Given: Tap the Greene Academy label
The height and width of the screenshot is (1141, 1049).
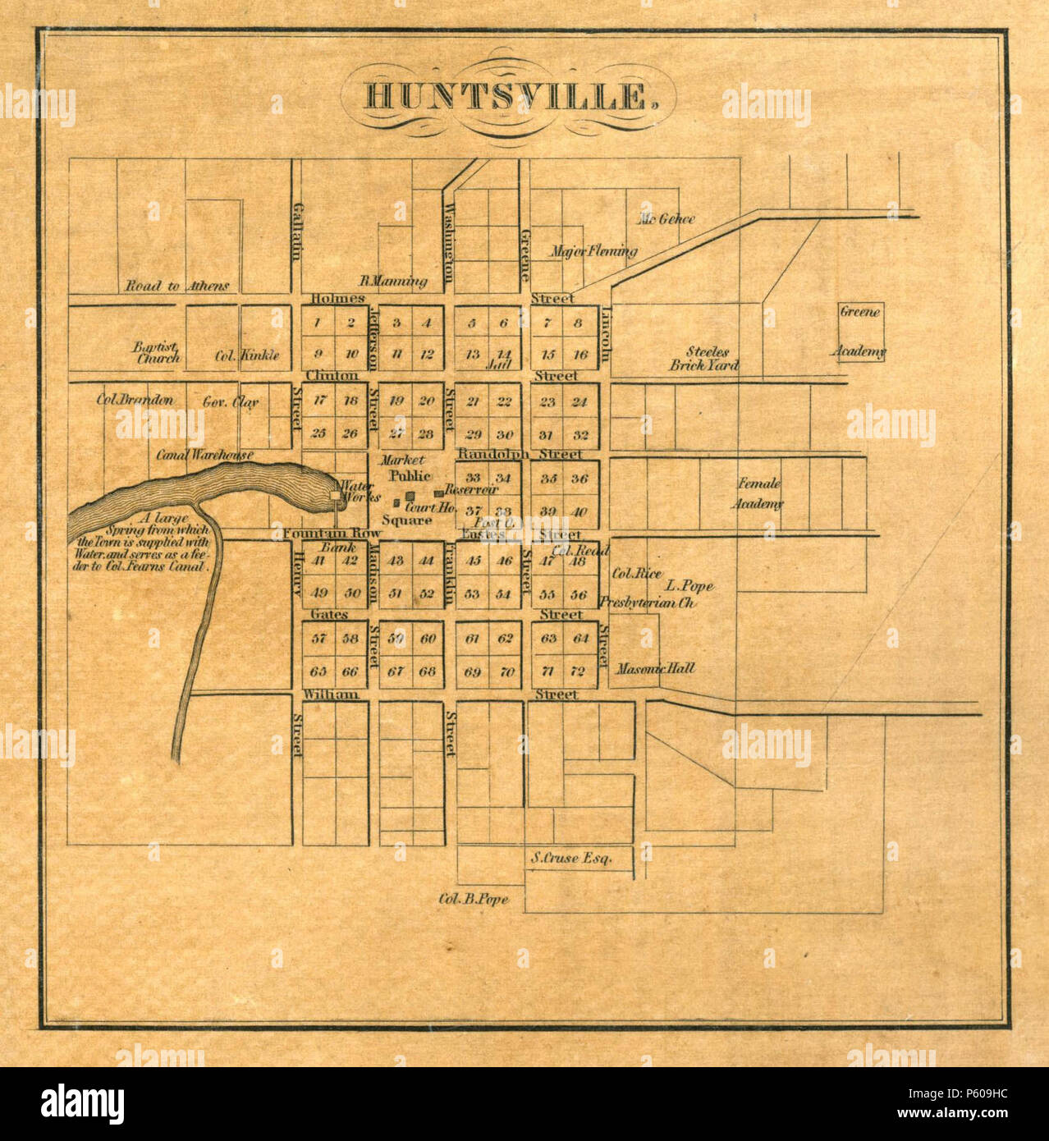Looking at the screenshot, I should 859,332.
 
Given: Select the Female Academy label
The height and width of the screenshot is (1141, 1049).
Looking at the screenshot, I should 758,493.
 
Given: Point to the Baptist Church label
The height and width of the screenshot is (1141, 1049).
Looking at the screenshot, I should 157,352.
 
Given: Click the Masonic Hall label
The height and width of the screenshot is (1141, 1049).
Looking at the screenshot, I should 655,668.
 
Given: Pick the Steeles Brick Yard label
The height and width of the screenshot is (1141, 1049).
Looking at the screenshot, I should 704,359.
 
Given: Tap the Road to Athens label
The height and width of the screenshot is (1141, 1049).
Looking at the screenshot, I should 176,286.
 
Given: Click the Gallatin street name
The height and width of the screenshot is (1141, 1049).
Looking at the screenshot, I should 298,231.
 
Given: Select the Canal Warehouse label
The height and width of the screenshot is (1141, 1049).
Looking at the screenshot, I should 205,455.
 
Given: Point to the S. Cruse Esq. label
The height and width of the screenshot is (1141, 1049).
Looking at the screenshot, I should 571,858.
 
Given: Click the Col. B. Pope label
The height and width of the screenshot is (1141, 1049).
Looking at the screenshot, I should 474,899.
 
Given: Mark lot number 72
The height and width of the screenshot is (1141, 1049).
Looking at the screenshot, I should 578,671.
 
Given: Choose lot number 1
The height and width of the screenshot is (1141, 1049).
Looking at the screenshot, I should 318,323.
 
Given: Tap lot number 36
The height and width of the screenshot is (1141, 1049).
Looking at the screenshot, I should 579,479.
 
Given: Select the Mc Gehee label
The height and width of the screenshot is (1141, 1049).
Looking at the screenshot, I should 667,219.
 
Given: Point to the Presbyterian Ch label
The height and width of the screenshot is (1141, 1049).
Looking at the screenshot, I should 648,603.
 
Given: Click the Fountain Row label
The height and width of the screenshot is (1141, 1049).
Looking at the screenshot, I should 332,534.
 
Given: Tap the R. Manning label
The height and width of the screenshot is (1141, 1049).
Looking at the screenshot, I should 393,281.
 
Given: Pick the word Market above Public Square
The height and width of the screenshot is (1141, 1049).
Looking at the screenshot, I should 402,461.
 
